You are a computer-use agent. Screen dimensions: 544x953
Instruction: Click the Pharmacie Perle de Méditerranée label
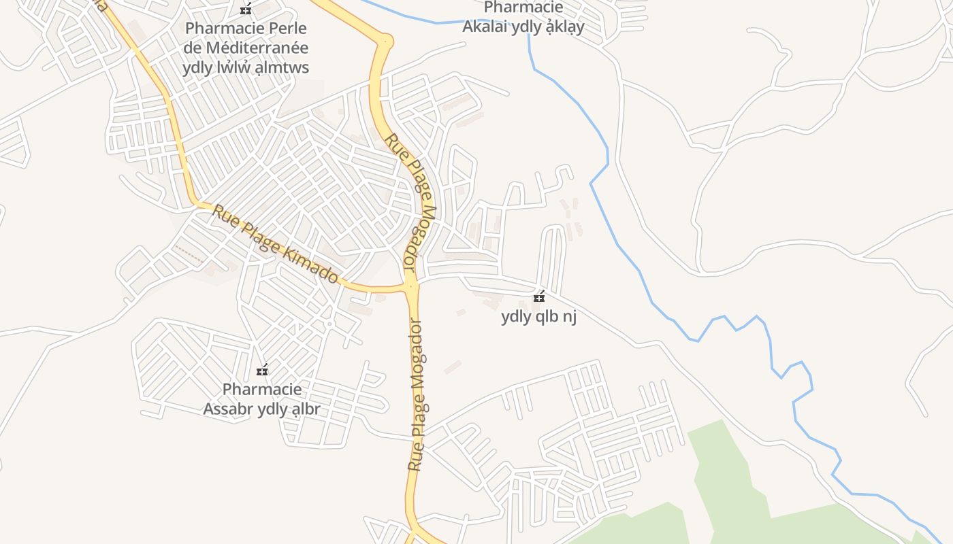(x=246, y=48)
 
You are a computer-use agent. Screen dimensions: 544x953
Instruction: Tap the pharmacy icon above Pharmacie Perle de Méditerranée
(x=246, y=10)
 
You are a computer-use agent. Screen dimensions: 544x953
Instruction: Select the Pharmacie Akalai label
(x=523, y=18)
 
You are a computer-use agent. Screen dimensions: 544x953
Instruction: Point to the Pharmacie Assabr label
(x=261, y=399)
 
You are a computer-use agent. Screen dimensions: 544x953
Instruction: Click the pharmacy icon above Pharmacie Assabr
(x=262, y=371)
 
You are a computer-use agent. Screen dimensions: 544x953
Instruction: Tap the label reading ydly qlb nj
(x=538, y=317)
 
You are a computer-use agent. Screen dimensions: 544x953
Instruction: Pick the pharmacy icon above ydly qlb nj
(x=539, y=297)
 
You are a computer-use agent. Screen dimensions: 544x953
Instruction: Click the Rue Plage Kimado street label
(x=276, y=245)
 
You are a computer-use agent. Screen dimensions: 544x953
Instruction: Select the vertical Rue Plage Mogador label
(x=416, y=394)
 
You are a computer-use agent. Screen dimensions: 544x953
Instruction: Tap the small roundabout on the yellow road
(x=387, y=41)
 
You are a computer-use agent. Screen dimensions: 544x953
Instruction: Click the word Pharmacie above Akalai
(x=523, y=8)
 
